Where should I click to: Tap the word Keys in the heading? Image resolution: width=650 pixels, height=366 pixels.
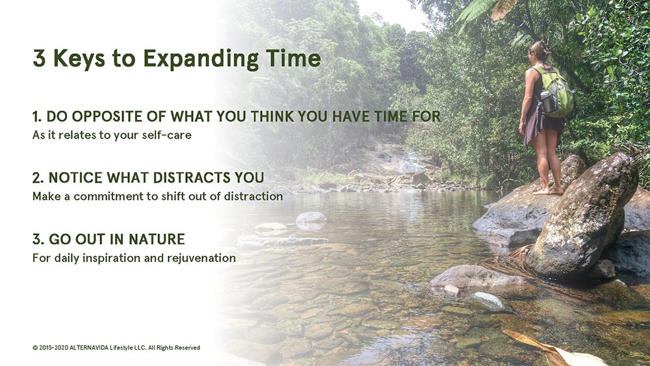(x=79, y=59)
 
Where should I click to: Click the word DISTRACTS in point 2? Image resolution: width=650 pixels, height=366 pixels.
(x=192, y=178)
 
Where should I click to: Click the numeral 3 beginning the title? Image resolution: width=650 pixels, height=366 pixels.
(x=40, y=58)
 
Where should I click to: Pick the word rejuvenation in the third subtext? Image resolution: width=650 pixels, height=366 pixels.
(x=201, y=258)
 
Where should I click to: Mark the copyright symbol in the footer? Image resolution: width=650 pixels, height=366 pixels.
(x=35, y=348)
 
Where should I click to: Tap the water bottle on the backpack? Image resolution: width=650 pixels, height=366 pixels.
(x=547, y=101)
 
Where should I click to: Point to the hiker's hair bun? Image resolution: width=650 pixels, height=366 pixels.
(x=543, y=46)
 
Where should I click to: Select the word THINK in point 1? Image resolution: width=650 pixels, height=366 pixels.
(x=273, y=116)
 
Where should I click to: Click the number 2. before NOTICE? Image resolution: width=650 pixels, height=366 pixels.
(x=38, y=178)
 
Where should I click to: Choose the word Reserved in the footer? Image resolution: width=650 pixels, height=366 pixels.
(x=187, y=348)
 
